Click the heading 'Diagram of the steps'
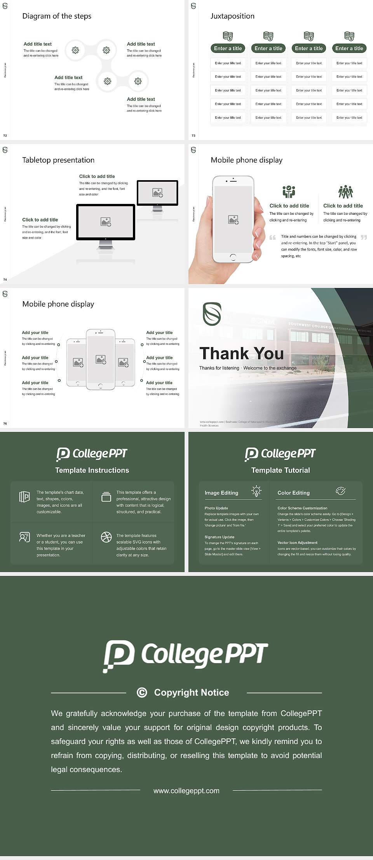[57, 16]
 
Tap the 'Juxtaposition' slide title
[232, 16]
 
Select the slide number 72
[5, 135]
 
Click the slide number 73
[193, 135]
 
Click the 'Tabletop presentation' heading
[58, 160]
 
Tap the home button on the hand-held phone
[233, 257]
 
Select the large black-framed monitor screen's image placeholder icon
[106, 222]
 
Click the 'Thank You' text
[241, 353]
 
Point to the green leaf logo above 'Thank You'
[212, 314]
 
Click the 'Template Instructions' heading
[92, 470]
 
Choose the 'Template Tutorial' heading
[281, 470]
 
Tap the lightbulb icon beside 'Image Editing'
[256, 491]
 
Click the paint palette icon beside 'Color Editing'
[340, 491]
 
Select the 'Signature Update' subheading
[220, 537]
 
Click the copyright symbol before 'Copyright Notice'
[142, 692]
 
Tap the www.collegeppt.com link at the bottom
[186, 791]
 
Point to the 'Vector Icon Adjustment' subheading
[297, 542]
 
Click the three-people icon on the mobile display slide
[345, 192]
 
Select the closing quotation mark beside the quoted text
[364, 237]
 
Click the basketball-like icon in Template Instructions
[106, 537]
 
